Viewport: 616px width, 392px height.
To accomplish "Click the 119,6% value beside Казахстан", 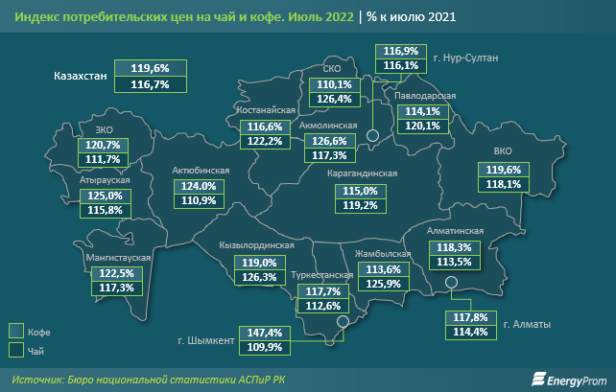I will pyautogui.click(x=149, y=69).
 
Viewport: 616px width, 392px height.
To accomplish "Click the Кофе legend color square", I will pyautogui.click(x=16, y=331).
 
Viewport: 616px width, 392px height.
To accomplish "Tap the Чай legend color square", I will pyautogui.click(x=16, y=350).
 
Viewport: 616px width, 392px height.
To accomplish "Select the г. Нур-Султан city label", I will pyautogui.click(x=466, y=58).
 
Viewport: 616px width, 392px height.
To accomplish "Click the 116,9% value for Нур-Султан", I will pyautogui.click(x=399, y=50).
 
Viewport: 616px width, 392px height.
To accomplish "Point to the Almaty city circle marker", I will pyautogui.click(x=451, y=281).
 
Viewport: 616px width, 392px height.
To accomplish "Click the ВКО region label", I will pyautogui.click(x=503, y=151).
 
